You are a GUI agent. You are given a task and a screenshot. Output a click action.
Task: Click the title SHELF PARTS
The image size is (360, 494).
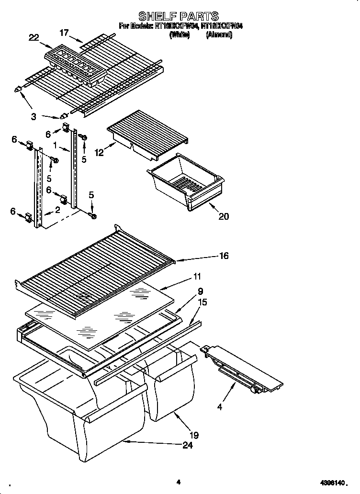(x=179, y=17)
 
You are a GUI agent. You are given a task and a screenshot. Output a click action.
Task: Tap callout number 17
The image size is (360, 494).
(x=64, y=33)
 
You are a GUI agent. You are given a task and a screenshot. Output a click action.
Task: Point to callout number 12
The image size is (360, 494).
(x=99, y=153)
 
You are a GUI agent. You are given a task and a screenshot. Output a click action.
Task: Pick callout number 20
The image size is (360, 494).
(x=224, y=216)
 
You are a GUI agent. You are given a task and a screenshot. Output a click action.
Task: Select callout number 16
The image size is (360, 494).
(x=224, y=256)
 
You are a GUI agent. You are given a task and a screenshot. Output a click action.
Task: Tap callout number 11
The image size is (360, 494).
(x=197, y=277)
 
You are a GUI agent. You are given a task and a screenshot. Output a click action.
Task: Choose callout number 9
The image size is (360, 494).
(x=200, y=291)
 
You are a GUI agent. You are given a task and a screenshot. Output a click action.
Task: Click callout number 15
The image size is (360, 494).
(x=202, y=302)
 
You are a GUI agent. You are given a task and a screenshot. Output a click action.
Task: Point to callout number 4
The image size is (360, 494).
(x=219, y=408)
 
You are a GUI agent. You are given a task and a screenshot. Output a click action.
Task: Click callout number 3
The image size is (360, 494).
(x=33, y=116)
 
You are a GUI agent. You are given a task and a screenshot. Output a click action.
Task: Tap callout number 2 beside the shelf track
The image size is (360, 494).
(x=58, y=209)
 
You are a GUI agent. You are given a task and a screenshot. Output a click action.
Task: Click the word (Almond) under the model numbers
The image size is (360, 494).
(x=219, y=35)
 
